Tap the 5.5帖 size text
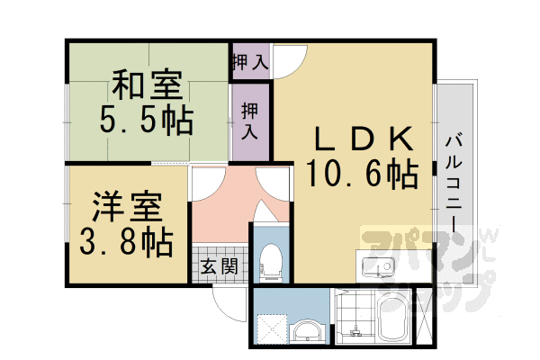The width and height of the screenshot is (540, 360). pyautogui.click(x=147, y=121)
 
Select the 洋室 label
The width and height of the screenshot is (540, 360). pyautogui.click(x=127, y=208)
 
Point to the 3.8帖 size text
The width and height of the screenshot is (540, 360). pyautogui.click(x=127, y=242)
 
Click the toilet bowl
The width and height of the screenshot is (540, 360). pyautogui.click(x=269, y=261)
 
